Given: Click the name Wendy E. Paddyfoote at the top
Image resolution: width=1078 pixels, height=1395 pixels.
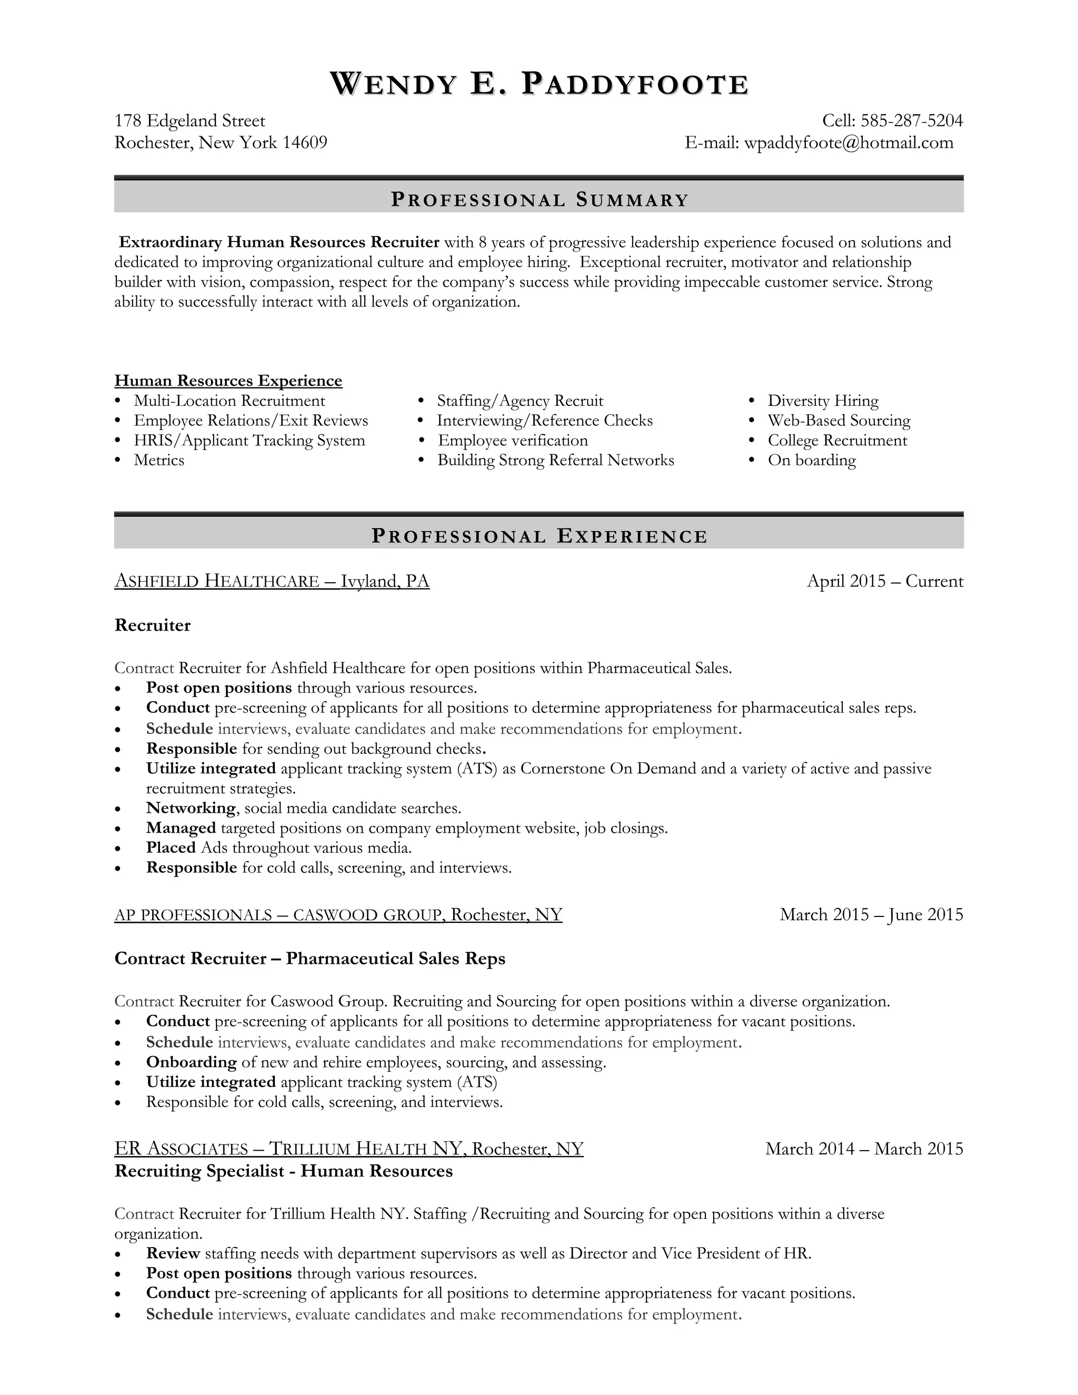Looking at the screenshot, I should (539, 84).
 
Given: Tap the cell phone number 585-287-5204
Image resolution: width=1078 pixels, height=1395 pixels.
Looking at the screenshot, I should (911, 121).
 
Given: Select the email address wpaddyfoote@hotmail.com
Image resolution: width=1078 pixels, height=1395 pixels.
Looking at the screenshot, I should (849, 143).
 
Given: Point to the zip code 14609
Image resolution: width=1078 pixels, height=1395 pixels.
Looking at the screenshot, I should (305, 143).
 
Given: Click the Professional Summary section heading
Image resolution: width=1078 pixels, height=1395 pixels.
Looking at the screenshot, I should (539, 200).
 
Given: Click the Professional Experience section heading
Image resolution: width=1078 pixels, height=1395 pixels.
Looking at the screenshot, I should (539, 536).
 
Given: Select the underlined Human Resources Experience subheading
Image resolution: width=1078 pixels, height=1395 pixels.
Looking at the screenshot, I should (228, 381).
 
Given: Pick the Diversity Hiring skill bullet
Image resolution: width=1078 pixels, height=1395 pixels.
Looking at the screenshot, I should (823, 401).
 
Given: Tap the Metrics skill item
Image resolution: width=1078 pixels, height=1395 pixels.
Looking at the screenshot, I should (159, 461).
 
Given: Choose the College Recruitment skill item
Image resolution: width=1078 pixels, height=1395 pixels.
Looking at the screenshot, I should (836, 441).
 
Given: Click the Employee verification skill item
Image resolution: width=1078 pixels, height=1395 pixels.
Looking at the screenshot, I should (512, 441).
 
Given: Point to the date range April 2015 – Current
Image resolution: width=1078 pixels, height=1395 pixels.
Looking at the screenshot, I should (884, 581).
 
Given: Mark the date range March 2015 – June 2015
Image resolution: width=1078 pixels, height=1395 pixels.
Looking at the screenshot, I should (871, 915).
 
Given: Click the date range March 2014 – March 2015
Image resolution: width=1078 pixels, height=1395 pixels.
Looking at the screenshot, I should (863, 1149).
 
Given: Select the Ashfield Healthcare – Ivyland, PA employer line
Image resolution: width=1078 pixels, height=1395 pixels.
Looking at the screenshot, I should (272, 581).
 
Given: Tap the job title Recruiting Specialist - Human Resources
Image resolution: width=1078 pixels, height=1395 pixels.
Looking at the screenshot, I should (284, 1171).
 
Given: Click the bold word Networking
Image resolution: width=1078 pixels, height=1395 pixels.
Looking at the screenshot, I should (191, 808).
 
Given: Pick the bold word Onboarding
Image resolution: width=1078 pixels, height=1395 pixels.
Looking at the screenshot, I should (191, 1062).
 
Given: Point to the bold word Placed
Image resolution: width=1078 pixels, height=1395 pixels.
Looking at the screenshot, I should (171, 848).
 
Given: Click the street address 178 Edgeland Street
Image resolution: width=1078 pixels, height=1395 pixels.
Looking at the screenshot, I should (189, 121).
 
